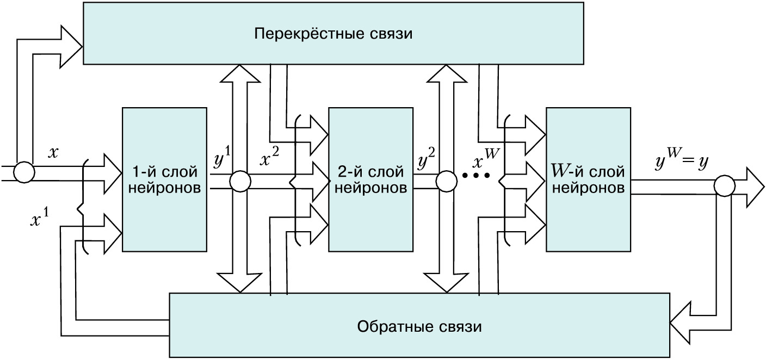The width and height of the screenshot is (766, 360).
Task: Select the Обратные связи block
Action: [419, 327]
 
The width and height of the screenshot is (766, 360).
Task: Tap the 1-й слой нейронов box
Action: [164, 179]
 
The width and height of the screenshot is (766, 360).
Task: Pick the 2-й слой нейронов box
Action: [370, 179]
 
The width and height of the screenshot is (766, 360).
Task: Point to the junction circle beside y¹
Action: [239, 182]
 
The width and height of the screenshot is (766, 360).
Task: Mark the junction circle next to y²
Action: [446, 182]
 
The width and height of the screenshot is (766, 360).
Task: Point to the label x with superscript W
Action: [484, 159]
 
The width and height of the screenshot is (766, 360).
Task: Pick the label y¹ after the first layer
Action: [220, 160]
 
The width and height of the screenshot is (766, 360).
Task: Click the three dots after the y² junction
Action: [476, 176]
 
